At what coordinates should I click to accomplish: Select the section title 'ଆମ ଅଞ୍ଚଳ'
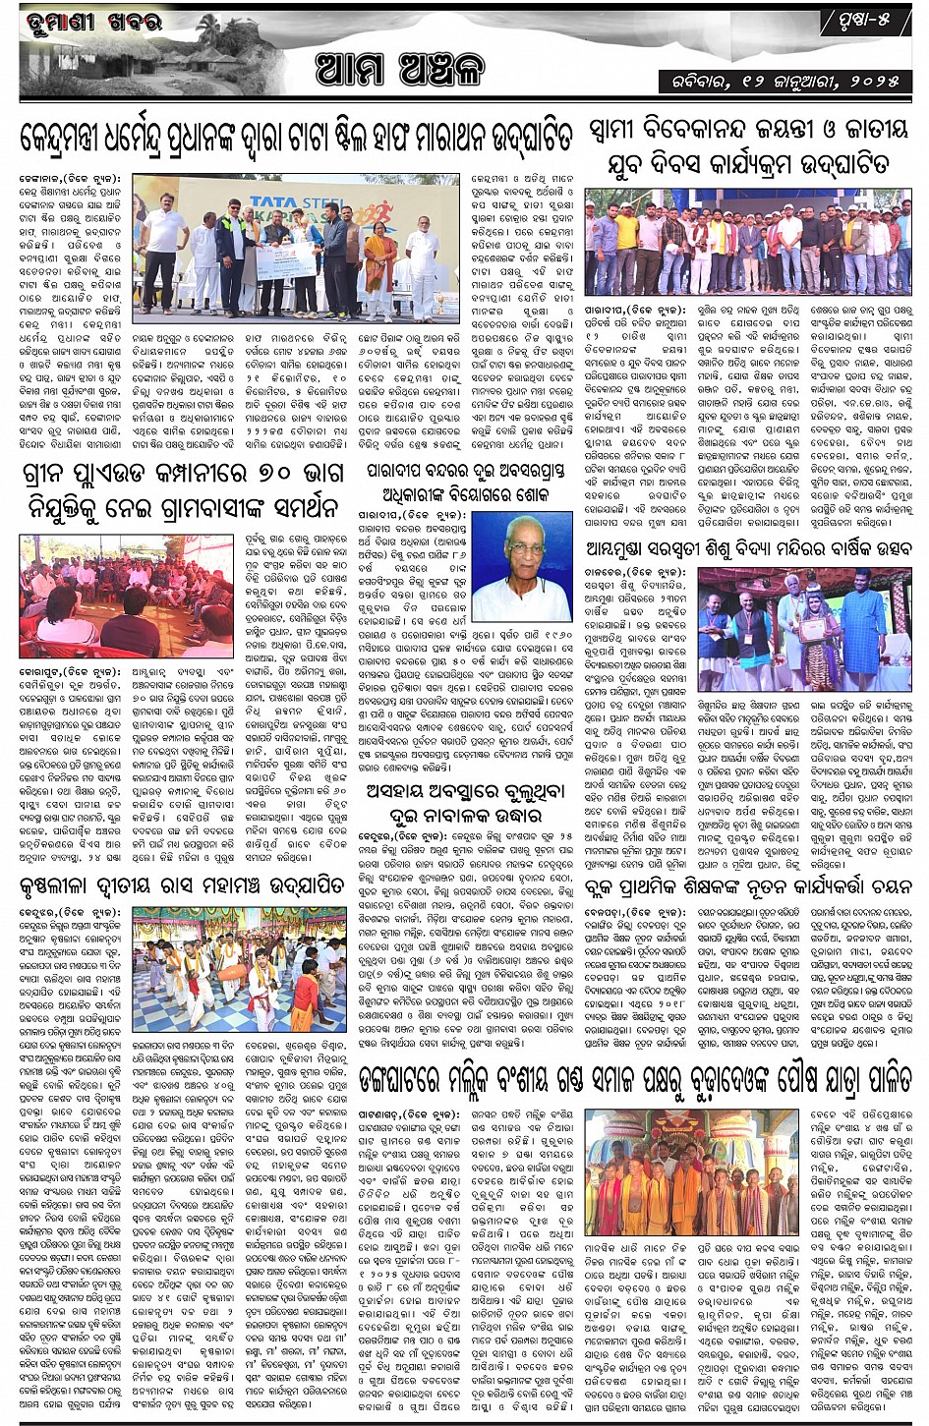[401, 69]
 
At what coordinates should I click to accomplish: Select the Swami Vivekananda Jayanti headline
[749, 144]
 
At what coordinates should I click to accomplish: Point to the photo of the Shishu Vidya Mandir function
[804, 629]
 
